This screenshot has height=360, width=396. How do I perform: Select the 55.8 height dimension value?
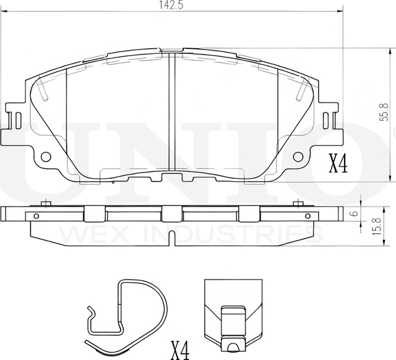(384, 113)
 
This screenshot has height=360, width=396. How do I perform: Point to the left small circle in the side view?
(36, 216)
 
